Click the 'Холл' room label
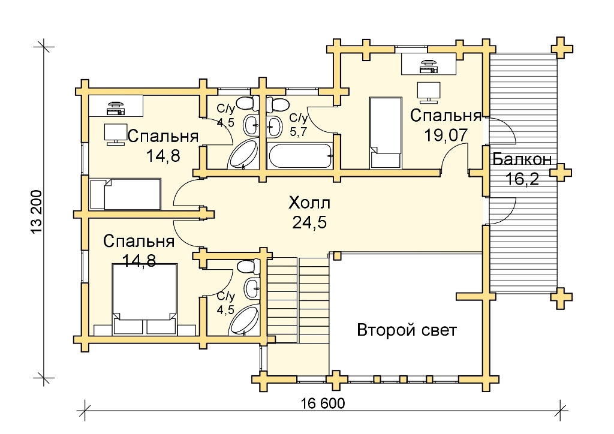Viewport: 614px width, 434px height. (x=309, y=203)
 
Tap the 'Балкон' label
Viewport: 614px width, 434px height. (x=522, y=159)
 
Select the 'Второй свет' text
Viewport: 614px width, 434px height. (x=407, y=330)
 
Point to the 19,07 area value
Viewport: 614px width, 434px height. (x=446, y=135)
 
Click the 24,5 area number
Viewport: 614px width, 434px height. (x=309, y=222)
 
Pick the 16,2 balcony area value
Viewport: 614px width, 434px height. (x=522, y=179)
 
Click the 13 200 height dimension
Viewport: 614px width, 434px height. (x=36, y=212)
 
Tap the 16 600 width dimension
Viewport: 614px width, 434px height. (x=323, y=403)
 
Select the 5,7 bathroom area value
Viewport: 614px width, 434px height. (x=298, y=131)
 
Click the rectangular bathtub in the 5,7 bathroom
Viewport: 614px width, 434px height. (x=300, y=156)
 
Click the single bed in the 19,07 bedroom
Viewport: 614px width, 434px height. (x=386, y=133)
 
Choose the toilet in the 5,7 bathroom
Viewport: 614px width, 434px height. (x=278, y=104)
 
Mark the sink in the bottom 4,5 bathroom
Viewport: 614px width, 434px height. (x=252, y=289)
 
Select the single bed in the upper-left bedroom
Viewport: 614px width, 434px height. (x=125, y=194)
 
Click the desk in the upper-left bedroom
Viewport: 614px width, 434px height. (x=116, y=106)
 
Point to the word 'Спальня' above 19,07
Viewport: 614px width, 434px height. (x=446, y=116)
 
